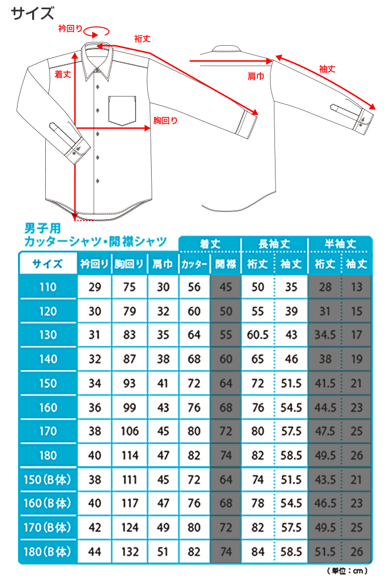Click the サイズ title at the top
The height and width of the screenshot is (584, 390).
coord(33,13)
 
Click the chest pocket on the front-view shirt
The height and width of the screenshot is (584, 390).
coord(121,110)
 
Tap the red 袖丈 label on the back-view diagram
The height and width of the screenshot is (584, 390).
coord(327,69)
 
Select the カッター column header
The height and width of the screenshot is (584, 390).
coord(194,264)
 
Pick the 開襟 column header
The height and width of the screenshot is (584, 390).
coord(226,264)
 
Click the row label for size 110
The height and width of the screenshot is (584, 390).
coord(48,287)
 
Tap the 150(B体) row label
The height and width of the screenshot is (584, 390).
coord(48,479)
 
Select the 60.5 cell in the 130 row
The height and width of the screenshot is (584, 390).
coord(258,335)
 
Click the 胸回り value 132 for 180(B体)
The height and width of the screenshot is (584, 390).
coord(130,551)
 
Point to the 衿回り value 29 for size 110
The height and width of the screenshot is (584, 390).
coord(95,287)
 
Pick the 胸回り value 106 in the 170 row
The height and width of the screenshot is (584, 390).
coord(130,431)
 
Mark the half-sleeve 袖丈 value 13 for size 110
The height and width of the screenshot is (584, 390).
coord(357,287)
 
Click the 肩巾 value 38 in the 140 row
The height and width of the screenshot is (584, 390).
coord(163,359)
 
